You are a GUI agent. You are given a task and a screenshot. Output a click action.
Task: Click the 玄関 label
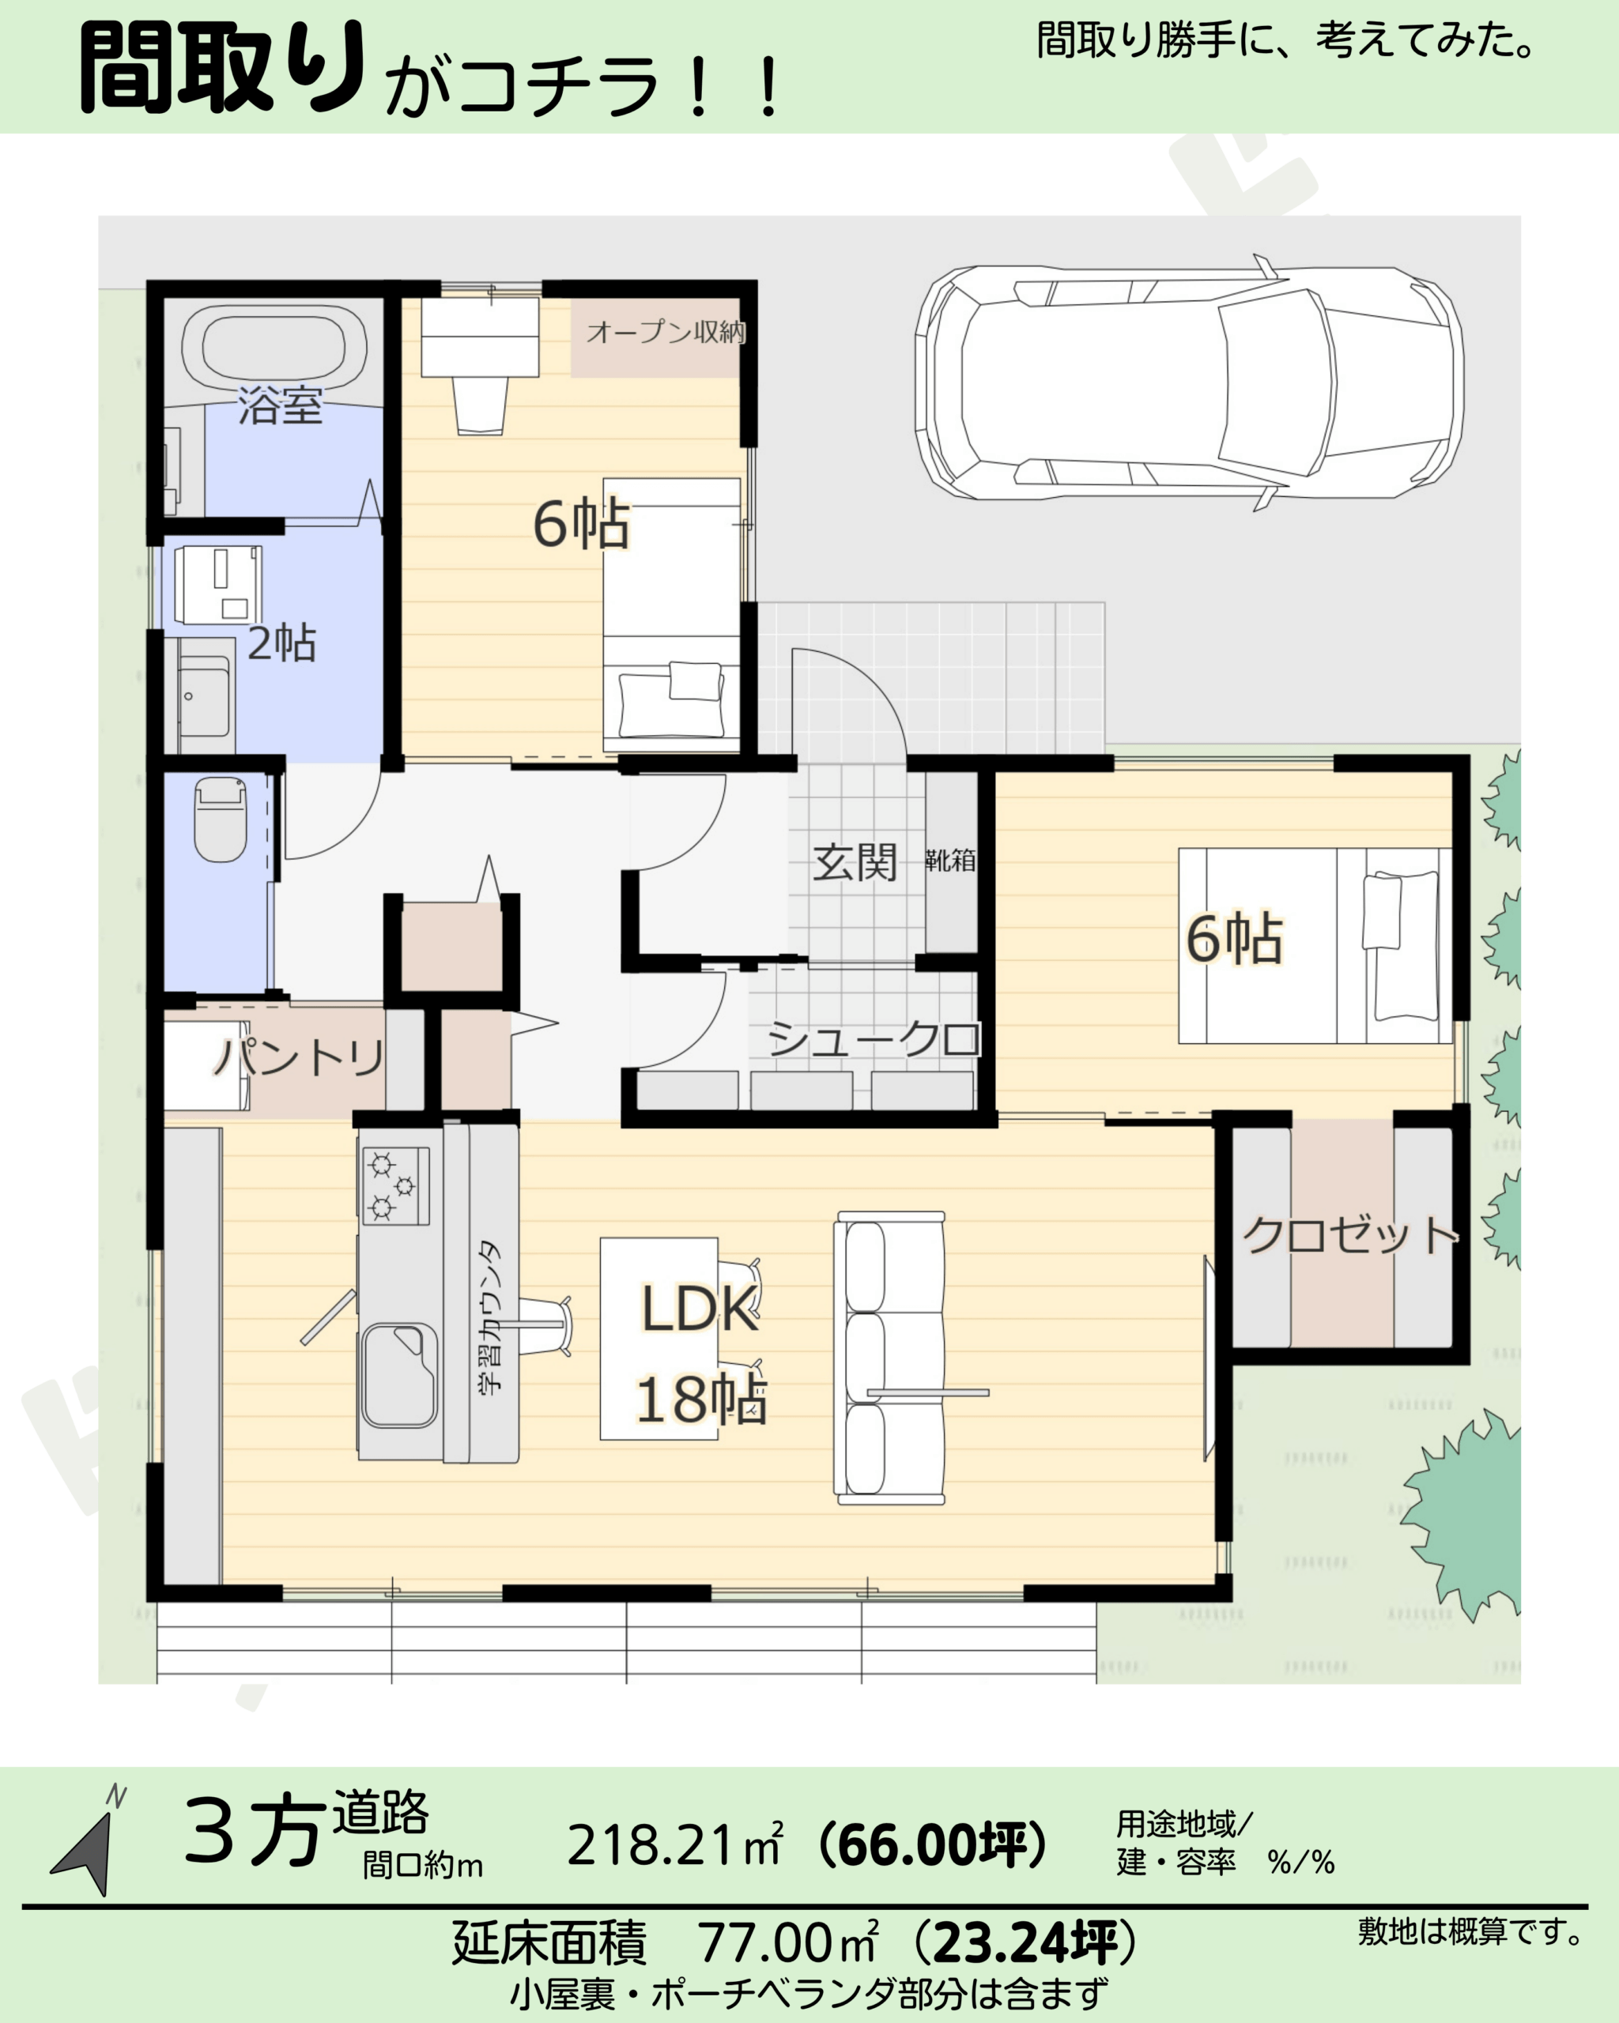point(855,862)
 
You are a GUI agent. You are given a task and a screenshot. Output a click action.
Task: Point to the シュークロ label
point(874,1038)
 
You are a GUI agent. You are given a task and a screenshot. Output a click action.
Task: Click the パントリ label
point(300,1057)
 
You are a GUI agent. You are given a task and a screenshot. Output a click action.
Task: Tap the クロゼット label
point(1349,1236)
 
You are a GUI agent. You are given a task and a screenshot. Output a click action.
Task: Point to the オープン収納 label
point(666,331)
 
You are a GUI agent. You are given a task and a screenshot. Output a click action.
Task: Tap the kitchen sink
point(400,1376)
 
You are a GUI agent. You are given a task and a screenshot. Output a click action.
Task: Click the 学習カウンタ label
point(491,1317)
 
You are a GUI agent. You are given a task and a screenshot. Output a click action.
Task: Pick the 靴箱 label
point(949,860)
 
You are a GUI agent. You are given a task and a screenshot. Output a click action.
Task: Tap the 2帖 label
point(281,644)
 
